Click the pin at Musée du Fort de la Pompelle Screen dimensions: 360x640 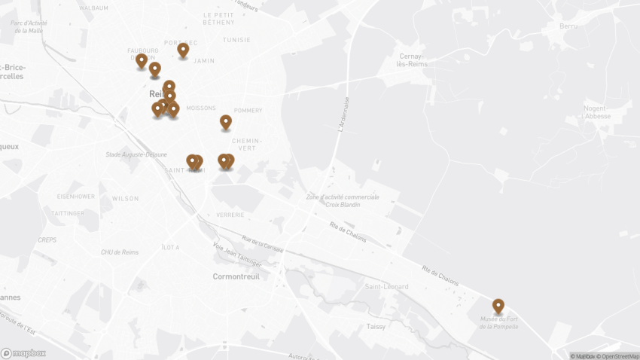coord(498,306)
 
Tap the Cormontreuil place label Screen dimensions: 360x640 coord(236,276)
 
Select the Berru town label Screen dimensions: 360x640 coord(568,26)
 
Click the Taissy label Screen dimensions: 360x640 coord(376,326)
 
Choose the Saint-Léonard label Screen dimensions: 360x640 coord(386,287)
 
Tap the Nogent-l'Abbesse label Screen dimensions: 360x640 coord(597,112)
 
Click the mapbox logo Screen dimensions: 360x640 coord(23,352)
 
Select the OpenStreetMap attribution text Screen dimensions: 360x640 coord(619,356)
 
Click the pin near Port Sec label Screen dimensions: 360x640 coord(183,50)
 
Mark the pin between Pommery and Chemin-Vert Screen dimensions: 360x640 coord(225,121)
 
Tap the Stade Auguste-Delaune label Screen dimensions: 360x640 coord(136,154)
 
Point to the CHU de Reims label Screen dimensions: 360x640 coord(120,252)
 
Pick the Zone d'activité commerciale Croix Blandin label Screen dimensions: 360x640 coord(343,201)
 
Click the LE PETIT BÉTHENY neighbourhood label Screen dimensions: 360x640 coord(219,18)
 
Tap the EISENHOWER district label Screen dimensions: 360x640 coord(76,196)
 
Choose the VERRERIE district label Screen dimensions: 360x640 coord(230,215)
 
